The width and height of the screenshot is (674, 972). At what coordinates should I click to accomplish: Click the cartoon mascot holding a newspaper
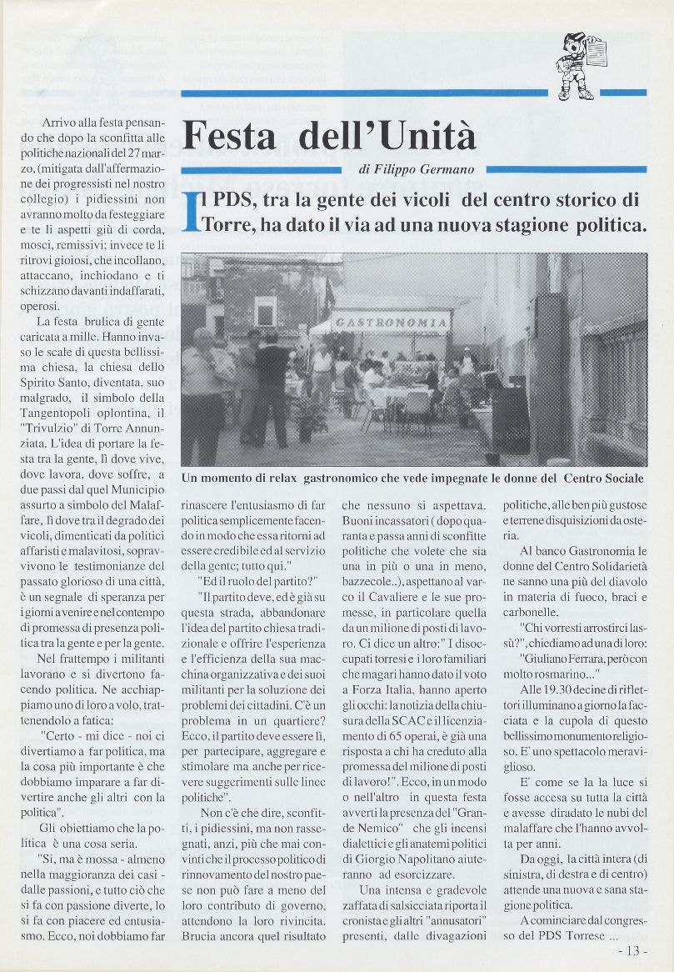pyautogui.click(x=577, y=66)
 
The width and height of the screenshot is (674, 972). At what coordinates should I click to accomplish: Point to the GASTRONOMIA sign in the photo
pyautogui.click(x=391, y=322)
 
